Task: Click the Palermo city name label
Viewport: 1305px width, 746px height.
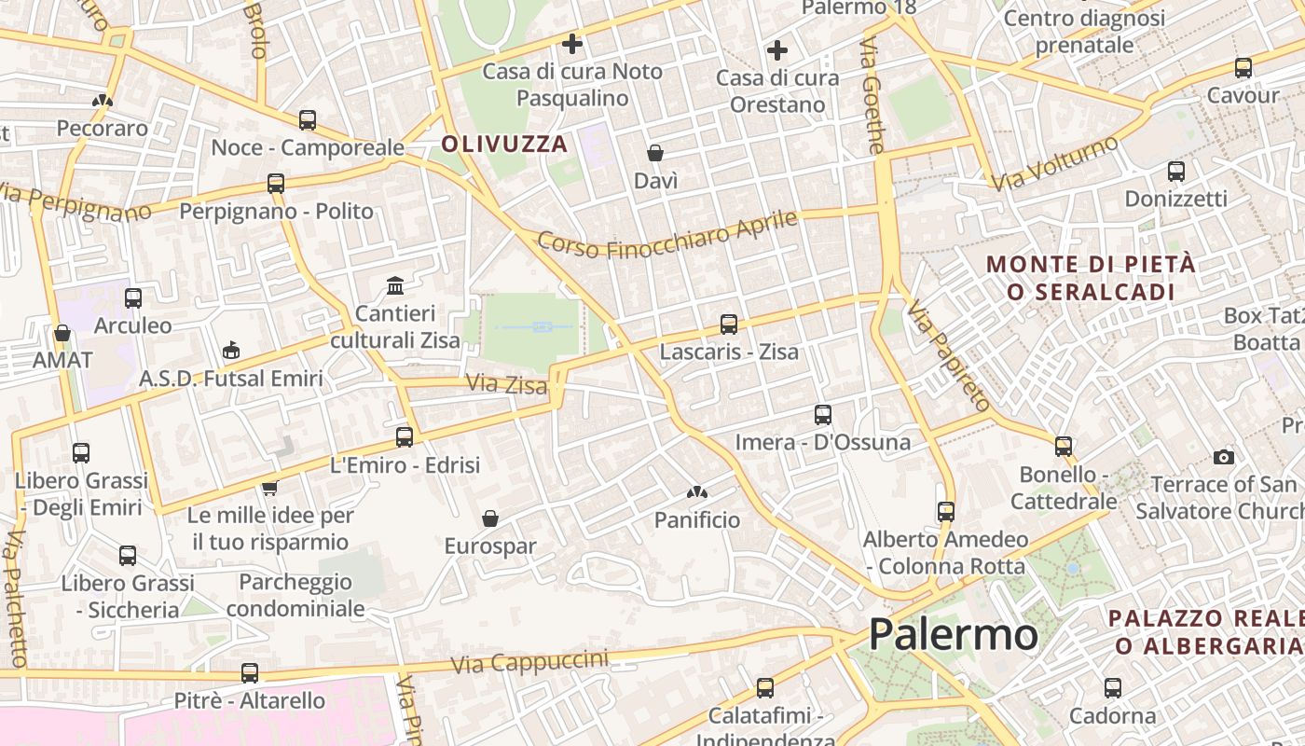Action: coord(953,635)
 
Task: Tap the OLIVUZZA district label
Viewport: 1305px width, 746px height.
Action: coord(504,144)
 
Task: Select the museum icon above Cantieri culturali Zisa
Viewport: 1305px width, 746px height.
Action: coord(395,284)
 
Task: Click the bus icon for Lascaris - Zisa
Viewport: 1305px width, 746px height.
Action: coord(729,325)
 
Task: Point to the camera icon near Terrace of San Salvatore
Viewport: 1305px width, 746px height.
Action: coord(1224,456)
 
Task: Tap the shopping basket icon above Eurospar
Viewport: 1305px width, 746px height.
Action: coord(490,518)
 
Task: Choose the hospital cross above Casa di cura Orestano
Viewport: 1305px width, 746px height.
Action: coord(777,50)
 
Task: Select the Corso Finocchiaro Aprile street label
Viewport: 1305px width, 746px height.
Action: coord(667,234)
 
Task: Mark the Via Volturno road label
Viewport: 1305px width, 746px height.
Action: coord(1054,163)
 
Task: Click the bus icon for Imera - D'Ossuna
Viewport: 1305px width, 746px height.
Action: coord(823,415)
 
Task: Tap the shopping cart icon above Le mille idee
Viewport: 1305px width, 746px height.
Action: coord(270,487)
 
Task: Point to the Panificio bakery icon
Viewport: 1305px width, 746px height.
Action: coord(696,491)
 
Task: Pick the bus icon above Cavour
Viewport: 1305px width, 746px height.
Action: coord(1243,67)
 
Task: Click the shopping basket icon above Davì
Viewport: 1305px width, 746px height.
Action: coord(655,153)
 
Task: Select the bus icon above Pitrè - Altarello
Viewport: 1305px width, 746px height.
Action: coord(249,672)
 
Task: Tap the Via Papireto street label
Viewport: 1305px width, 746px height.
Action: coord(948,355)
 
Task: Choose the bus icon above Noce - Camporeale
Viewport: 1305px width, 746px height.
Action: coord(308,120)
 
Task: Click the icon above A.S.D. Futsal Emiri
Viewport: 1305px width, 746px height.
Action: coord(231,351)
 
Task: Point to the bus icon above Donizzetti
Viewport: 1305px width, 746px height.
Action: coord(1176,172)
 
